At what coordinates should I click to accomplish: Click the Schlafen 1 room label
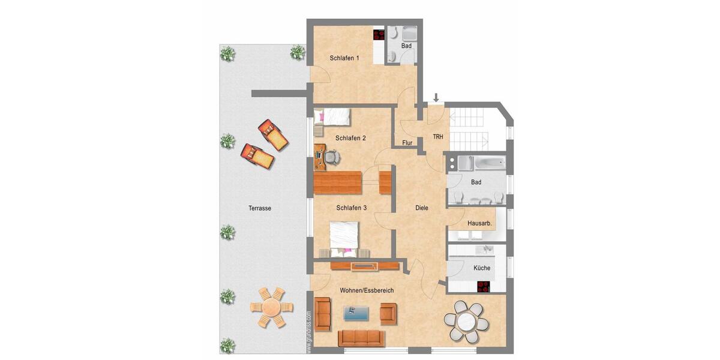click(x=344, y=58)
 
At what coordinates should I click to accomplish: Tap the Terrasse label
click(x=260, y=208)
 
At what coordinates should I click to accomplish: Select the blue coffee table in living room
click(x=356, y=312)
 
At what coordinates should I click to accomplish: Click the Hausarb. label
click(x=479, y=223)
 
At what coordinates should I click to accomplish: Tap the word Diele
click(x=422, y=208)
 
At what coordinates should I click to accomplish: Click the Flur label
click(x=407, y=143)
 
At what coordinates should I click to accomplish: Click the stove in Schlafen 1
click(x=379, y=35)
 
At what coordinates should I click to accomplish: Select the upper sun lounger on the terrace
click(x=274, y=134)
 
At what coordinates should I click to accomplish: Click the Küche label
click(x=481, y=268)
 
